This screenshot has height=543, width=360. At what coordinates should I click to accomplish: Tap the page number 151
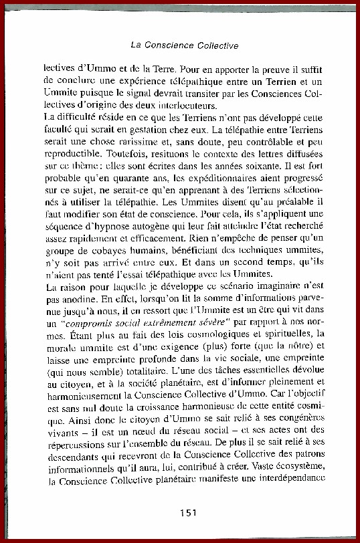coord(188,513)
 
